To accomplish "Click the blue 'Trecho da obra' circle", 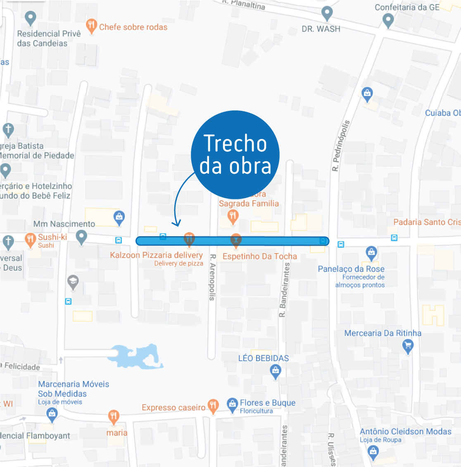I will (x=235, y=154).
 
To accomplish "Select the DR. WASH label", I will (x=321, y=29).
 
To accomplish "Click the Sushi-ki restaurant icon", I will (x=30, y=239).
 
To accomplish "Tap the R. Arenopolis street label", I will (x=212, y=277).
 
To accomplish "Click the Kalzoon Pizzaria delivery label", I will (x=156, y=255).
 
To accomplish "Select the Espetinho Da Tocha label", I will (x=259, y=256).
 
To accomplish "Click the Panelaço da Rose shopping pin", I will (x=371, y=253).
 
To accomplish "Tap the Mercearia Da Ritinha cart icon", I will (x=408, y=345).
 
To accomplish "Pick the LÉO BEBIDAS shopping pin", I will (x=275, y=371).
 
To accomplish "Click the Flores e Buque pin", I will (x=233, y=405).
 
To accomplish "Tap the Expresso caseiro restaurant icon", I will (x=213, y=406).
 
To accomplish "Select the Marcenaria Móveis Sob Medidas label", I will (x=74, y=389).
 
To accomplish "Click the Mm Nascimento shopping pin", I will (x=119, y=217).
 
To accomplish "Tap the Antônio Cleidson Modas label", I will (x=405, y=431).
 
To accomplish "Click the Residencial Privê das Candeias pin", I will (x=30, y=18).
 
